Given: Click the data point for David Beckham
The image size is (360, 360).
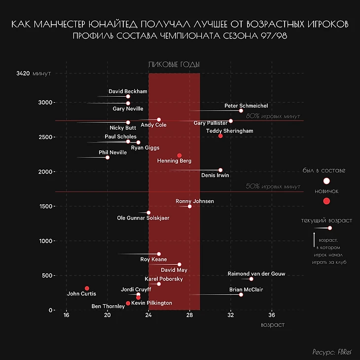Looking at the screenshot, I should click(128, 97).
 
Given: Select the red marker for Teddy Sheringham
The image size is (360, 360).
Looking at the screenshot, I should click(220, 136).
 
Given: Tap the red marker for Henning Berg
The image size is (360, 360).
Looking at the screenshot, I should click(180, 155).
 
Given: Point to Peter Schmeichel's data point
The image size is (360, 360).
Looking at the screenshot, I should click(241, 110).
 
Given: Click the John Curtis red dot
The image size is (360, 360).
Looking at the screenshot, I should click(87, 288).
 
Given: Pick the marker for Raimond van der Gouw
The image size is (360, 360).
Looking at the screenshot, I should click(251, 279).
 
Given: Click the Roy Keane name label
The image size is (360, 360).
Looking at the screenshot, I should click(153, 259).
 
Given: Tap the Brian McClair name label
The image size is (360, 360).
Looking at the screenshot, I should click(246, 289).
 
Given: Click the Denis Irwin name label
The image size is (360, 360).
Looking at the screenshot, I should click(215, 175).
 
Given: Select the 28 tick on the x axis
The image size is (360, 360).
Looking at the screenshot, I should click(189, 316).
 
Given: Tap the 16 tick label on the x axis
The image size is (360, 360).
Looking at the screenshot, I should click(66, 316).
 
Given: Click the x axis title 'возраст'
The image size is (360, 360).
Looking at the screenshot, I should click(272, 325).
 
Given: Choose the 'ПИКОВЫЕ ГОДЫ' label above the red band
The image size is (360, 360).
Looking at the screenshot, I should click(174, 65).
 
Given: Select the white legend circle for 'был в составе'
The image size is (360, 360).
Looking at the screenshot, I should click(326, 181).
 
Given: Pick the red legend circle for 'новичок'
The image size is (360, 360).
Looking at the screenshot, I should click(326, 201).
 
